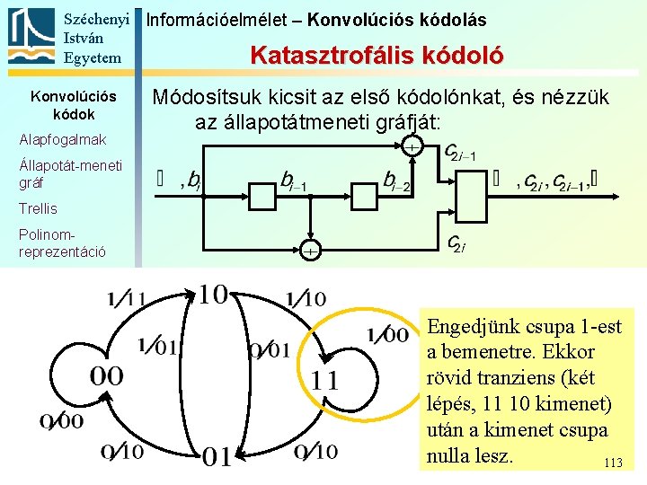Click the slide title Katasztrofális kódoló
point(377,56)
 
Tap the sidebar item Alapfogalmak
point(62,139)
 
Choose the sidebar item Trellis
point(38,208)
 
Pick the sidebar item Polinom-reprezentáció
point(62,242)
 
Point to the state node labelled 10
point(212,295)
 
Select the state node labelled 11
point(325,380)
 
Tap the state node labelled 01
point(217,457)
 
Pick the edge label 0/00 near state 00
point(61,421)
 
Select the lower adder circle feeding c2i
point(308,252)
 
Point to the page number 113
point(613,463)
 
